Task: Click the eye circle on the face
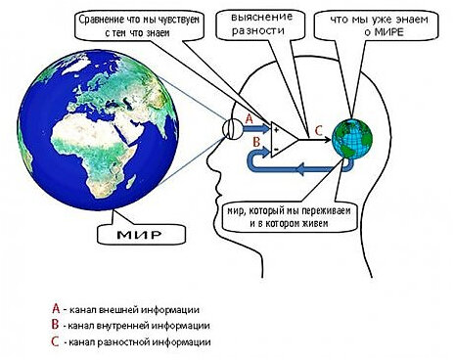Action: click(x=234, y=127)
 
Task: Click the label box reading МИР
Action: click(x=132, y=236)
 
